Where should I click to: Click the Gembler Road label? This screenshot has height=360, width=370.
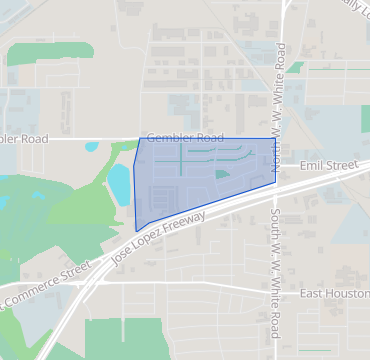point(184,137)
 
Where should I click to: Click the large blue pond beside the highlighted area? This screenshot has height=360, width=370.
point(119,183)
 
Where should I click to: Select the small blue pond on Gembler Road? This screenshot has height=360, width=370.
point(92,147)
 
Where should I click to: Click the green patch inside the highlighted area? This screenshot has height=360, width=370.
point(221,174)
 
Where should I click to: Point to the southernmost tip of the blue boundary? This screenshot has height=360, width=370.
point(137,231)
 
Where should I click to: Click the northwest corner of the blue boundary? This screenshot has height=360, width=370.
point(139,139)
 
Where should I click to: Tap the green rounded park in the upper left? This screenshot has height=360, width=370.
point(37,54)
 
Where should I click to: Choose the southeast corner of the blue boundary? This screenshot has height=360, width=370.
point(275,182)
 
